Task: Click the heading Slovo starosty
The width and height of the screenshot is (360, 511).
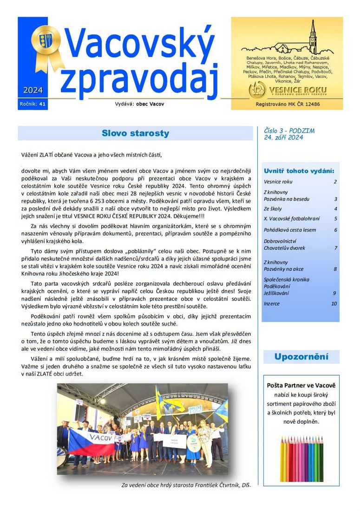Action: tap(135, 134)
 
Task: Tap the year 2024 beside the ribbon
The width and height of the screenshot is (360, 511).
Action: tap(33, 90)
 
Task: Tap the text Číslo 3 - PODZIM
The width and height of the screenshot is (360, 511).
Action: tap(289, 131)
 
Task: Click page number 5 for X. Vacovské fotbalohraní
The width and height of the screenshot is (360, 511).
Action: tap(335, 218)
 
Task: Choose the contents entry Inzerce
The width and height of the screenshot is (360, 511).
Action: tap(272, 303)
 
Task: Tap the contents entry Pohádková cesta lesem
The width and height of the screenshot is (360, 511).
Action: tap(290, 230)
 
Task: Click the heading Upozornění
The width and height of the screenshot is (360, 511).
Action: tap(301, 357)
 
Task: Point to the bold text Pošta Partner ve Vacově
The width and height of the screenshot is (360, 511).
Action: tap(301, 386)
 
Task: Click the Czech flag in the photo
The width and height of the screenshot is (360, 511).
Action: tap(88, 441)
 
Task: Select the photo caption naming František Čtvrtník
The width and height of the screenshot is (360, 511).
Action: tap(186, 485)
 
